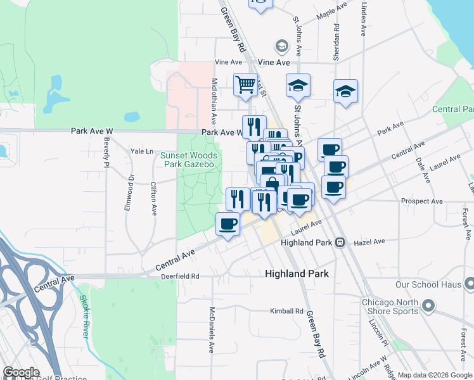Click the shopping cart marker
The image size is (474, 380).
click(245, 84)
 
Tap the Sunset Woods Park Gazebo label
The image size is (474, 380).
click(189, 160)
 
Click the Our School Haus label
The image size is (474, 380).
click(428, 285)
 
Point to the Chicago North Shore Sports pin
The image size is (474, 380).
click(429, 307)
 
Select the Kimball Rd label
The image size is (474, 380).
click(287, 312)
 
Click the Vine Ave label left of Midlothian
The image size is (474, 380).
click(229, 62)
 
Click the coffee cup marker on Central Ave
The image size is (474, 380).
click(227, 224)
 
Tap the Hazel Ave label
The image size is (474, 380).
click(369, 242)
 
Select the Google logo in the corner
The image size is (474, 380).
click(22, 372)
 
